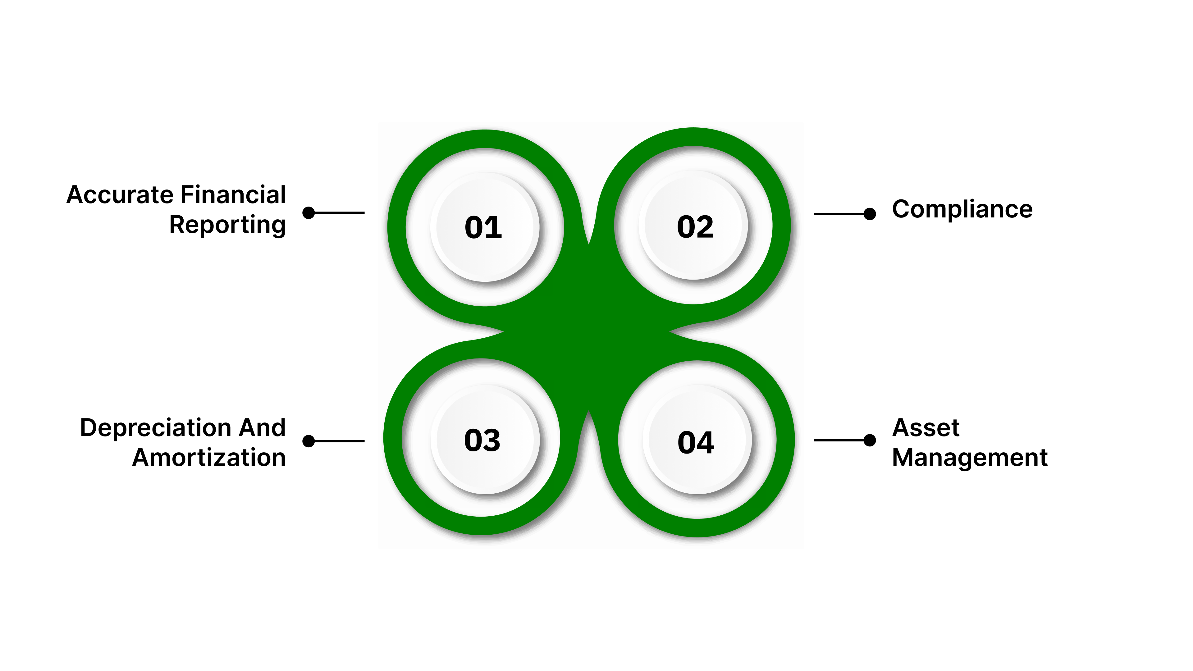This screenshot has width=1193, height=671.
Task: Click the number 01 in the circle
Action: click(483, 227)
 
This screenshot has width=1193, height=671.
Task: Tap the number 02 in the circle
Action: click(695, 227)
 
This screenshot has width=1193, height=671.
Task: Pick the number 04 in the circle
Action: click(696, 442)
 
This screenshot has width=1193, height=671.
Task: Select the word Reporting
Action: click(227, 225)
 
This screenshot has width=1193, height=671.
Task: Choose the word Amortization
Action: click(209, 458)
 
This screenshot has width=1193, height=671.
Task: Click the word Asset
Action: click(925, 427)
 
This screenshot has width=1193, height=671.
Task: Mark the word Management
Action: click(969, 458)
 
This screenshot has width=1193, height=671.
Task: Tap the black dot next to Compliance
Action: click(870, 214)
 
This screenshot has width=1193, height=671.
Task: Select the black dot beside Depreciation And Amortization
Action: click(309, 441)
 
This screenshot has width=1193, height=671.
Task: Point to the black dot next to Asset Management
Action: click(870, 440)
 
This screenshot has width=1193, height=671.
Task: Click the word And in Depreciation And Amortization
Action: click(262, 427)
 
